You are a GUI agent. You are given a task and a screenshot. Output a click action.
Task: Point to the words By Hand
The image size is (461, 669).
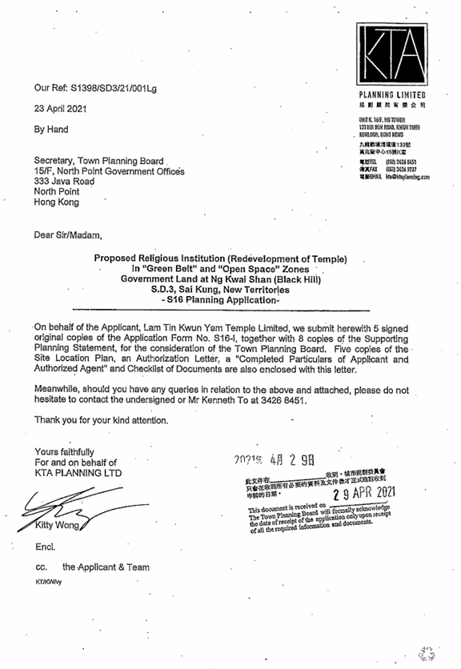tap(51, 130)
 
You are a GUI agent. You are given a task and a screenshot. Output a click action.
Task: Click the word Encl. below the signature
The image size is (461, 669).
tap(44, 551)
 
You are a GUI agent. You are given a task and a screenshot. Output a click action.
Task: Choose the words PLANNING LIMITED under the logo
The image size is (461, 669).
tap(395, 95)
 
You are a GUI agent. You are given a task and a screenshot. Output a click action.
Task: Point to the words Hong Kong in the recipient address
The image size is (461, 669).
tap(56, 202)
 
